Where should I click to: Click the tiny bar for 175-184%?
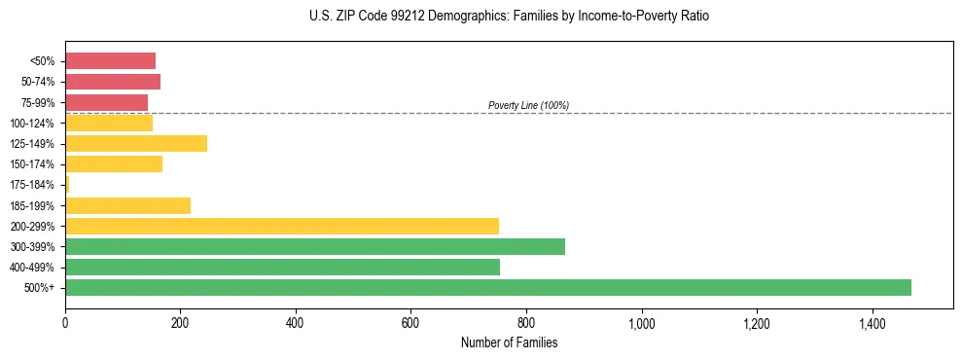67,185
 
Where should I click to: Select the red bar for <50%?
110,61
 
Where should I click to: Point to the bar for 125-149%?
136,144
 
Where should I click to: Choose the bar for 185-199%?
127,205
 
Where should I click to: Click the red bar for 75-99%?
106,102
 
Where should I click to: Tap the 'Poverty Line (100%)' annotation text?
528,105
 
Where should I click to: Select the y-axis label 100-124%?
33,124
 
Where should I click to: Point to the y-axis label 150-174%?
33,164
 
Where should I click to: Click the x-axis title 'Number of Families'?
509,342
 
